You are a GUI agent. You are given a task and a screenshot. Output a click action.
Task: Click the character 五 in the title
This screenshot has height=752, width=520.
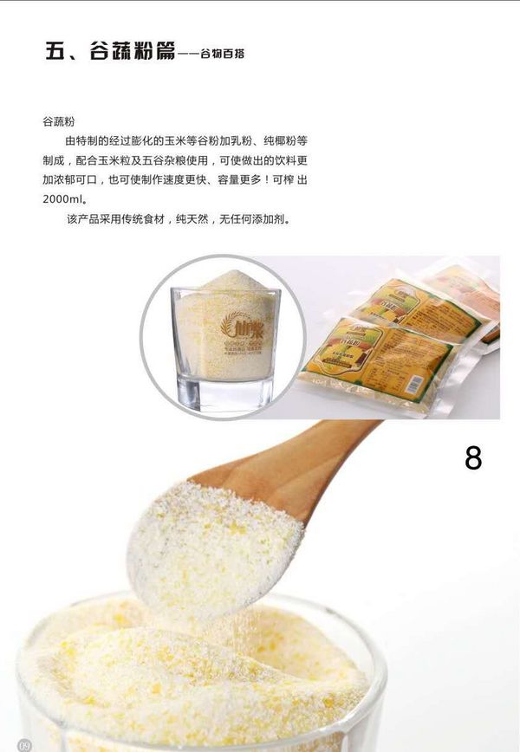[57, 50]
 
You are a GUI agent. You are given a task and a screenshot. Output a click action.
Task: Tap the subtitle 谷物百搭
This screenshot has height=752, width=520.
[222, 54]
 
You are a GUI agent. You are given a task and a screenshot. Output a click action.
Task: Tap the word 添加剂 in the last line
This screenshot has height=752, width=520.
[270, 219]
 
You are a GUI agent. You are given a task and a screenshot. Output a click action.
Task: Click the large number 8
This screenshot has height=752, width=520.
[472, 457]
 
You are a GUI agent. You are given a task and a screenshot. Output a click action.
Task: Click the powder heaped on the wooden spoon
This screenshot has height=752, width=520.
[212, 541]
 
